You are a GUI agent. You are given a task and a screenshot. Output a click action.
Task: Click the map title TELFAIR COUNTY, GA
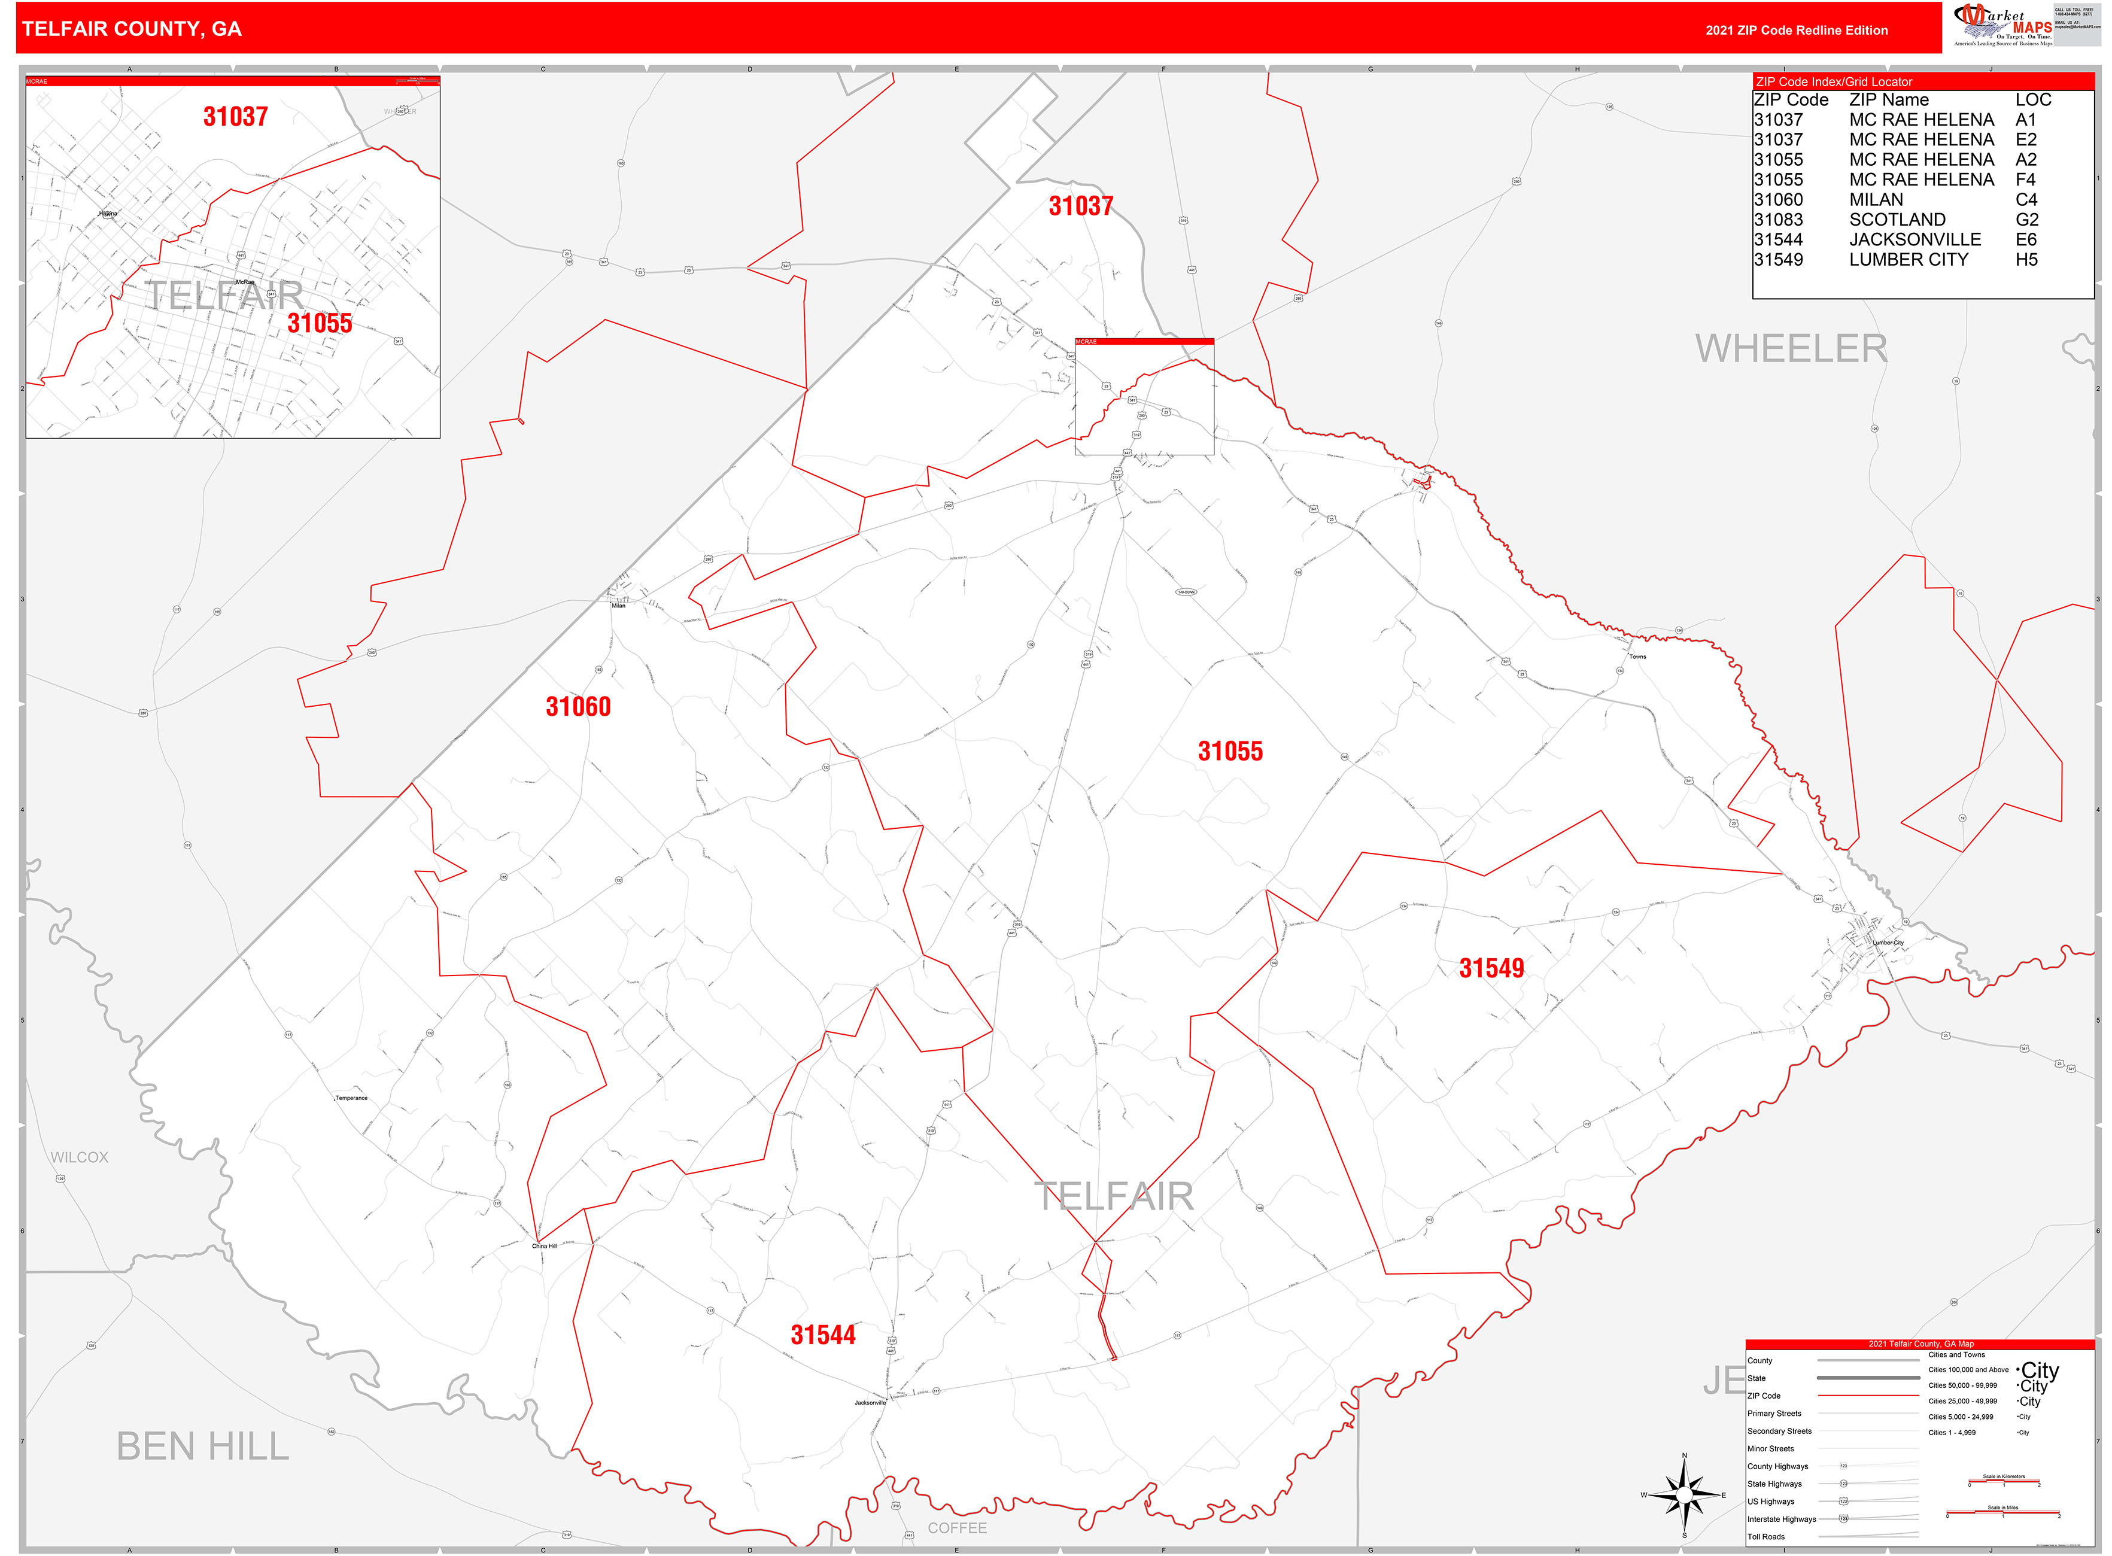132,29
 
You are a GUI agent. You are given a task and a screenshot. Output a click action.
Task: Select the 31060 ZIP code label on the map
578,706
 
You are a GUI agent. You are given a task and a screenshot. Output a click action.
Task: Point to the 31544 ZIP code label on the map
822,1335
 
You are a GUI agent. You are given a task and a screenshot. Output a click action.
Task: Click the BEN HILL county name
202,1446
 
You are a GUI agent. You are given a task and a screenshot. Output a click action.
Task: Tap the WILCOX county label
79,1157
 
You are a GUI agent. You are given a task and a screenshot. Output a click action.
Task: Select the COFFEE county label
957,1528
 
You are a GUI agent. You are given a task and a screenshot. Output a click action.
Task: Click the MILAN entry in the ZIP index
1876,200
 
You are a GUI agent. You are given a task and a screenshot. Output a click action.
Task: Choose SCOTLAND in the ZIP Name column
1897,220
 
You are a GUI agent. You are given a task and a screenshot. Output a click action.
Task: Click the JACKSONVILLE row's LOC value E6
2025,239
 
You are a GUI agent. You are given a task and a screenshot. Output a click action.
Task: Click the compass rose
1684,1495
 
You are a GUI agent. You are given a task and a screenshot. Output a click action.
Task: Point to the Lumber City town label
1888,943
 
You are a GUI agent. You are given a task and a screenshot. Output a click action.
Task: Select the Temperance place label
351,1098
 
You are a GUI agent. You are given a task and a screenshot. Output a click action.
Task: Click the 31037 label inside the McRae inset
236,117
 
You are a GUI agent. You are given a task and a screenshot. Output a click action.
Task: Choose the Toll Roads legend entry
1765,1536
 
